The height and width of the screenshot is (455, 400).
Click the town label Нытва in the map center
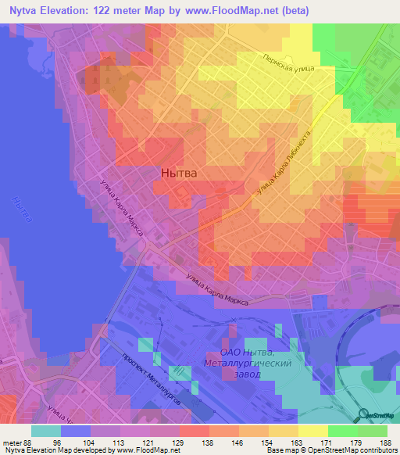coord(178,173)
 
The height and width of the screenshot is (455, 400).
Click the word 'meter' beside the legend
coord(10,442)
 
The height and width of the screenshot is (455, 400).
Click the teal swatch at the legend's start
coord(46,430)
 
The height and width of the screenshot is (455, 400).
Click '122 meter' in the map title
coord(127,10)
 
